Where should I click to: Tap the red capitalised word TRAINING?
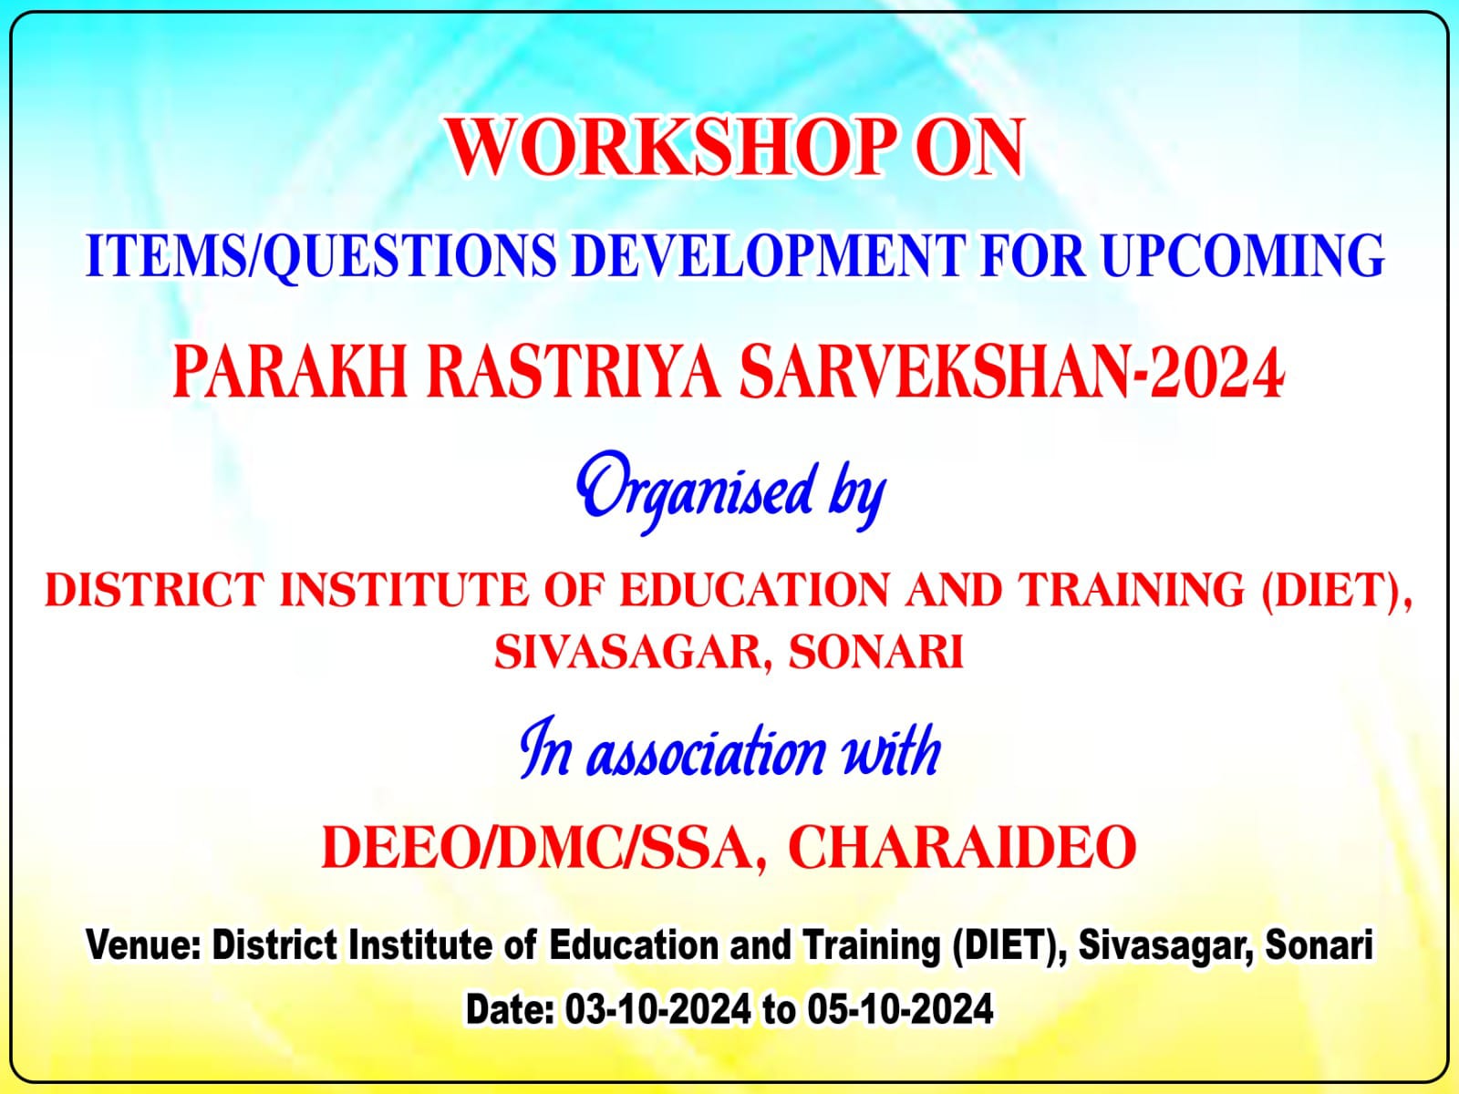coord(1133,590)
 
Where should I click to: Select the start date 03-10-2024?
coord(658,1010)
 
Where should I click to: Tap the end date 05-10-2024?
coord(901,1010)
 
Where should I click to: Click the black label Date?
coord(510,1010)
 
